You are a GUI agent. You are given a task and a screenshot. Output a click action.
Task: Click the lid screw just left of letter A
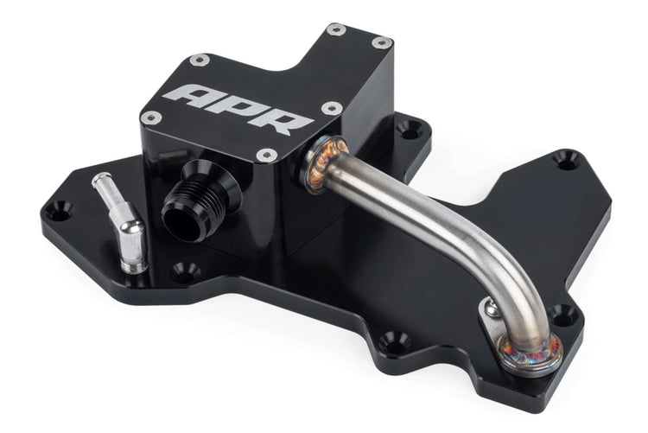(x=152, y=118)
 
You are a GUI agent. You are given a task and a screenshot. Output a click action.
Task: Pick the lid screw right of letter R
(x=332, y=109)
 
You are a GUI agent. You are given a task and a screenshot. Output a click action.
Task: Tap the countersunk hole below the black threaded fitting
(x=185, y=271)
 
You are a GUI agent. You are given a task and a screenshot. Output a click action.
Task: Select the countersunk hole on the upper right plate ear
(x=565, y=159)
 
